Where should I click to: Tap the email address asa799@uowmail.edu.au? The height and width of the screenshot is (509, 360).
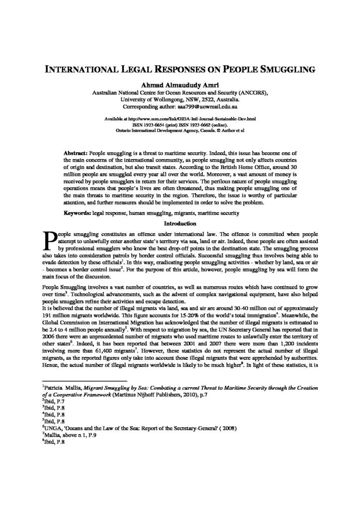[208, 107]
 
